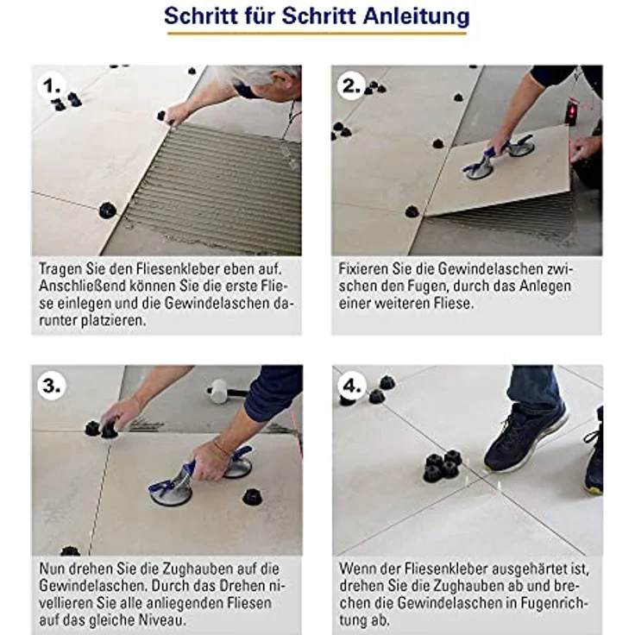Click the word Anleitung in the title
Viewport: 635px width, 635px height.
coord(417,16)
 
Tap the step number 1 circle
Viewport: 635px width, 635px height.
coord(51,86)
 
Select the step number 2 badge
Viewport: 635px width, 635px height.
coord(350,86)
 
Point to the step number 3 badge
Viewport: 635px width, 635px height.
coord(51,386)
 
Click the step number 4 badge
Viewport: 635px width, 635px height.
coord(351,386)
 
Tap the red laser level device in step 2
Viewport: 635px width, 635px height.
coord(571,110)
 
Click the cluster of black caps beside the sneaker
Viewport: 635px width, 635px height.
coord(443,466)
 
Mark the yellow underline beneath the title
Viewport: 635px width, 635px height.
coord(317,34)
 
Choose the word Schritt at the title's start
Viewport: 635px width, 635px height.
coord(202,16)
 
